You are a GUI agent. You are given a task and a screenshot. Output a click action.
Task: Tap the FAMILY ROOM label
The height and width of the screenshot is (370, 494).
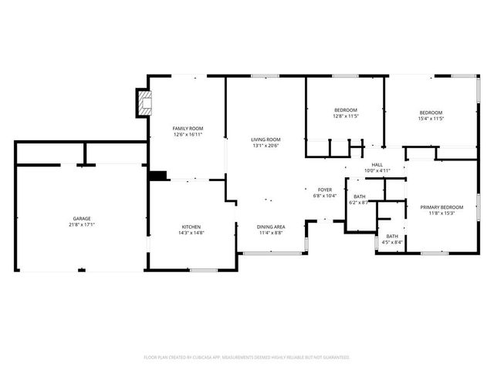click(187, 128)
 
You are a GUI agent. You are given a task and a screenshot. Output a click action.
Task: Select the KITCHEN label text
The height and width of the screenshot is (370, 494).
click(191, 227)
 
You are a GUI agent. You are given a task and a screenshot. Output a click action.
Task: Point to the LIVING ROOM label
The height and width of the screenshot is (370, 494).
click(265, 140)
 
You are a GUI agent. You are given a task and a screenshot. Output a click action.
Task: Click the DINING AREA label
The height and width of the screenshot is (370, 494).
click(271, 226)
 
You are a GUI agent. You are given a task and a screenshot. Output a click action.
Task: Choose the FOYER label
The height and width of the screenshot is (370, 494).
click(325, 190)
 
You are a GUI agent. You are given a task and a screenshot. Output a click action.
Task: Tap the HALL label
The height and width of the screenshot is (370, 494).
click(377, 164)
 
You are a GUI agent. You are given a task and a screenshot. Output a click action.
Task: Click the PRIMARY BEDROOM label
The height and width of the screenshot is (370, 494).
click(442, 207)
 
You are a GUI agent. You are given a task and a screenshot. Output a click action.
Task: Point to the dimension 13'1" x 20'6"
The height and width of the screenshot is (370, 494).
click(265, 146)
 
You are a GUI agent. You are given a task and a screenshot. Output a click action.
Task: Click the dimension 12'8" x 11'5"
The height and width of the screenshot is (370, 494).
click(344, 117)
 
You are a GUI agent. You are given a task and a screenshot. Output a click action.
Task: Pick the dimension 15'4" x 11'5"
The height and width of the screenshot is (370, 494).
click(431, 119)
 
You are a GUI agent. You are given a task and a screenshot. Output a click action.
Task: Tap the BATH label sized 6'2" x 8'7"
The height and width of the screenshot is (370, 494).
click(360, 197)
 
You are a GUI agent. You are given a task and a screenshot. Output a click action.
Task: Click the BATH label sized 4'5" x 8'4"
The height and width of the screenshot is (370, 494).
click(392, 236)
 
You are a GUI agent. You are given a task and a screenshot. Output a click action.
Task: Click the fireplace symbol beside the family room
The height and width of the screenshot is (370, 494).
click(142, 103)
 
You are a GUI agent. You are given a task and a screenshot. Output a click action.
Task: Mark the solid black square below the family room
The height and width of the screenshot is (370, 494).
click(157, 176)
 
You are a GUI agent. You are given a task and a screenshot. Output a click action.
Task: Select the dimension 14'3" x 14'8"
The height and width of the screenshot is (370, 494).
click(191, 233)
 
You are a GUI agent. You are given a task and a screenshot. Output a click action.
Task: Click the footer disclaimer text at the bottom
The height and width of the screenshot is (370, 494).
click(247, 358)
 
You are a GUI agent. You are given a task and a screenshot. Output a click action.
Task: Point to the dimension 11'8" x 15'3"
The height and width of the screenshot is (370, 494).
click(442, 213)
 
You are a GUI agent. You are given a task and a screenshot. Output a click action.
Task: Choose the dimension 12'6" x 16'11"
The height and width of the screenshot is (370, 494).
click(187, 134)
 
